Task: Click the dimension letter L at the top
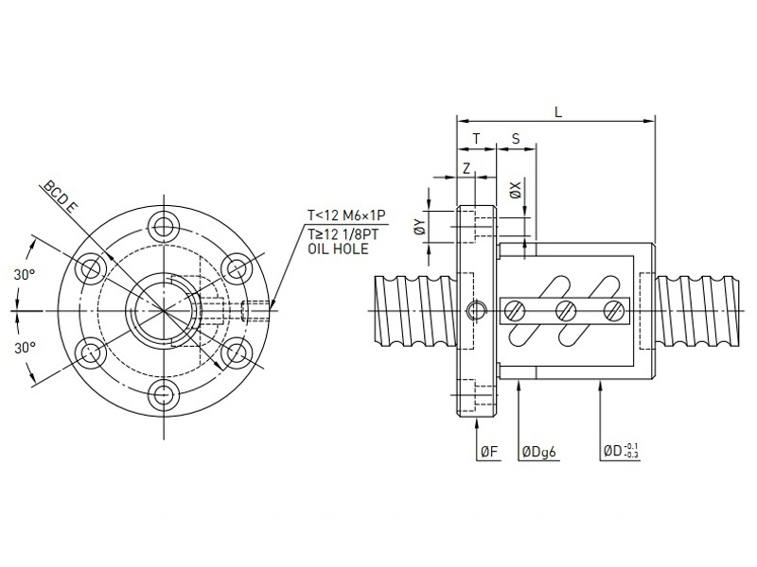click(x=558, y=112)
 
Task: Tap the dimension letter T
click(x=476, y=139)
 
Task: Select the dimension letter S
click(x=515, y=139)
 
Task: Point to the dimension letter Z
click(x=467, y=167)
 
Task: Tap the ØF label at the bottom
click(x=488, y=453)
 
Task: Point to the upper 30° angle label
click(x=25, y=274)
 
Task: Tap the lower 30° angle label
click(x=25, y=348)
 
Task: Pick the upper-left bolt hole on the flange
click(x=93, y=268)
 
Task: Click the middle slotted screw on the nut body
click(x=566, y=309)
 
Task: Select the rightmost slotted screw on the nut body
click(x=615, y=309)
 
